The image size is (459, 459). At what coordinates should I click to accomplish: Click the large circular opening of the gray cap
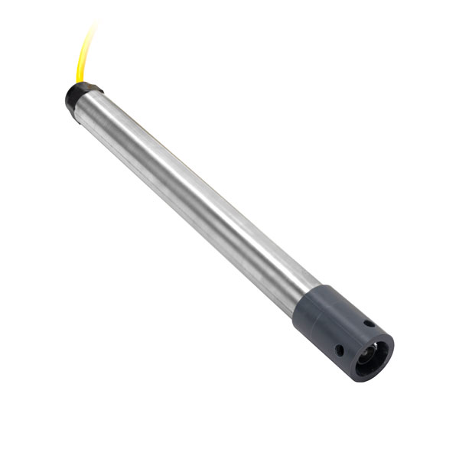tap(373, 356)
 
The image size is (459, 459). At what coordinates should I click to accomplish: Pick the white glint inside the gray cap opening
tap(376, 350)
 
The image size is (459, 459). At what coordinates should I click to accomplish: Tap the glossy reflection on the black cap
tap(76, 92)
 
